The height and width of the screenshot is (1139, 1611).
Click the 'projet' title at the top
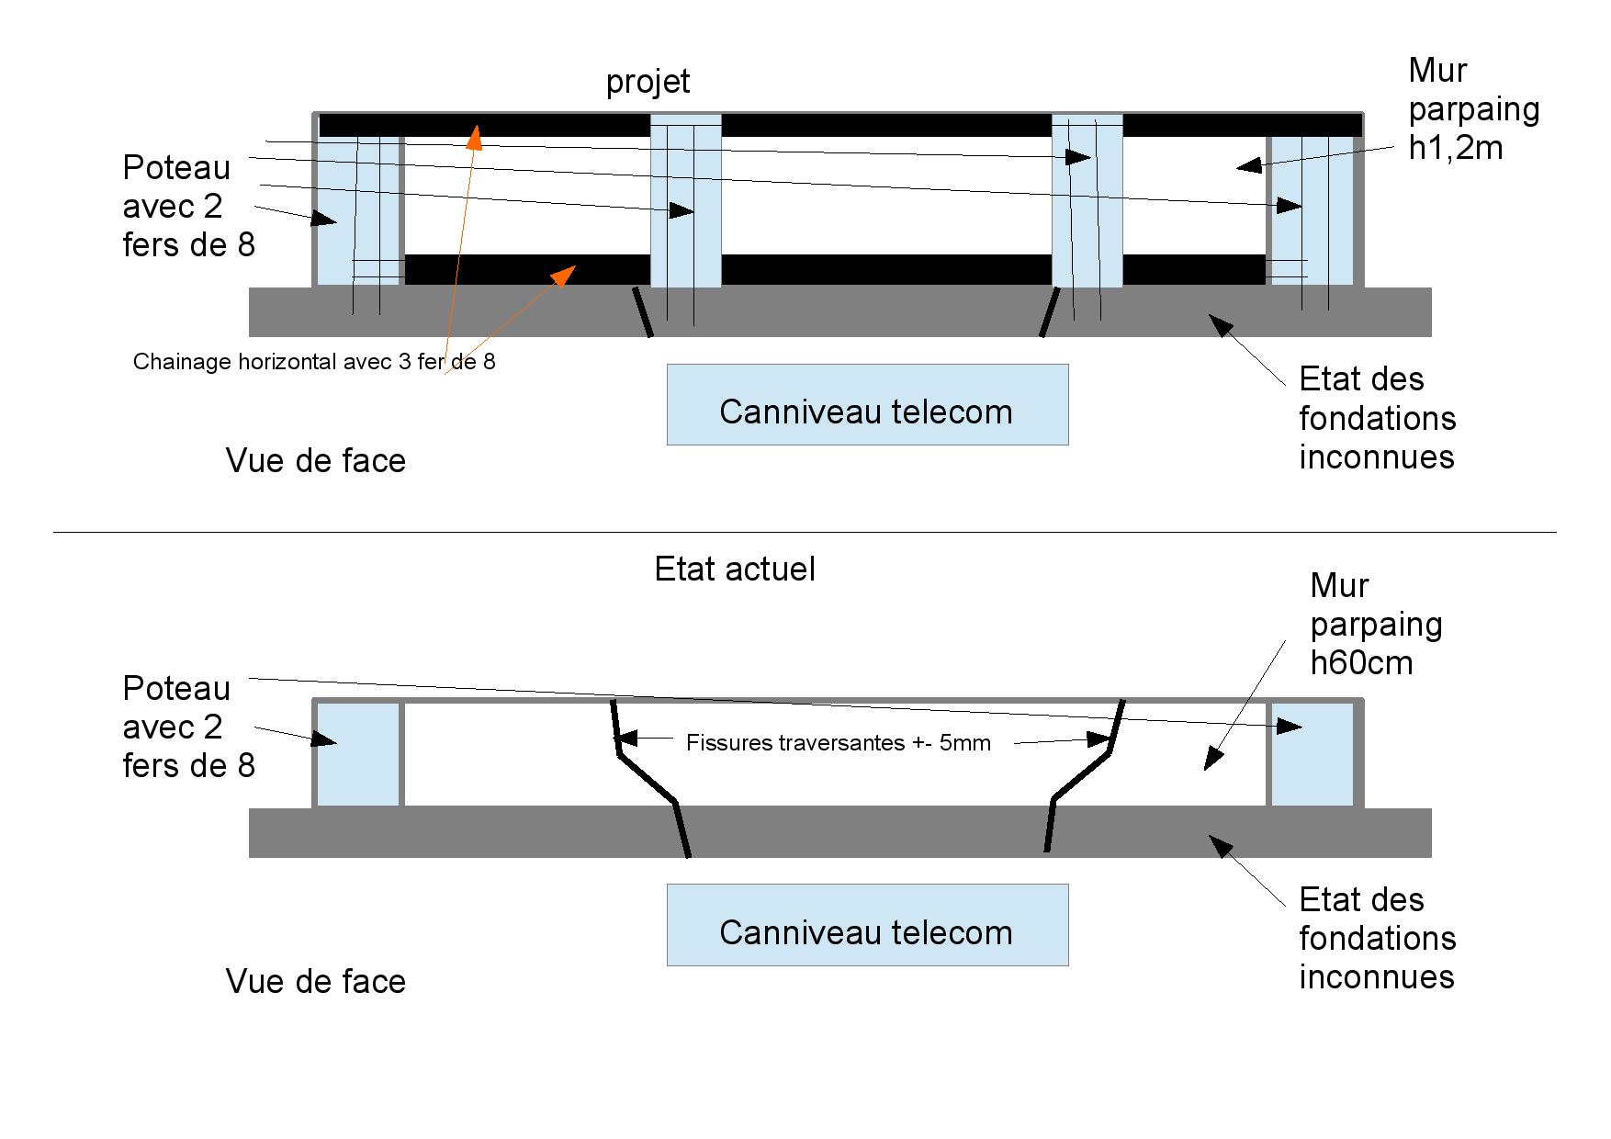click(648, 82)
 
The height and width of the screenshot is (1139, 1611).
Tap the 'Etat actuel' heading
click(735, 569)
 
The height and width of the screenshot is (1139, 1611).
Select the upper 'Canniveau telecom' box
click(867, 405)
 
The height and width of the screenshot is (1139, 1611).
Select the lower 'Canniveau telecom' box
click(867, 925)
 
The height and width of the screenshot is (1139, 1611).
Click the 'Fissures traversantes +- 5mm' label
click(838, 742)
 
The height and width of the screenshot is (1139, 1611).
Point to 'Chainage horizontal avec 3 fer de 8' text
click(314, 362)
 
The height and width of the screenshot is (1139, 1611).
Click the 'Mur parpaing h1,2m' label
click(1473, 108)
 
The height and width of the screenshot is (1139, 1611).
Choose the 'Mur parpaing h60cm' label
click(1375, 624)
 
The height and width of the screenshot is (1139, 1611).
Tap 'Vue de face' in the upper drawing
click(315, 460)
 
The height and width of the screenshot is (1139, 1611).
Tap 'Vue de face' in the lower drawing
click(315, 981)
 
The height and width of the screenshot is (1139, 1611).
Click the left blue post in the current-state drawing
click(357, 754)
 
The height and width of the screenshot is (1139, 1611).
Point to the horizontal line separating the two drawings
click(805, 532)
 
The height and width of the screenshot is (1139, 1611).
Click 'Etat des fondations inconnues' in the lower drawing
click(1377, 938)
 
